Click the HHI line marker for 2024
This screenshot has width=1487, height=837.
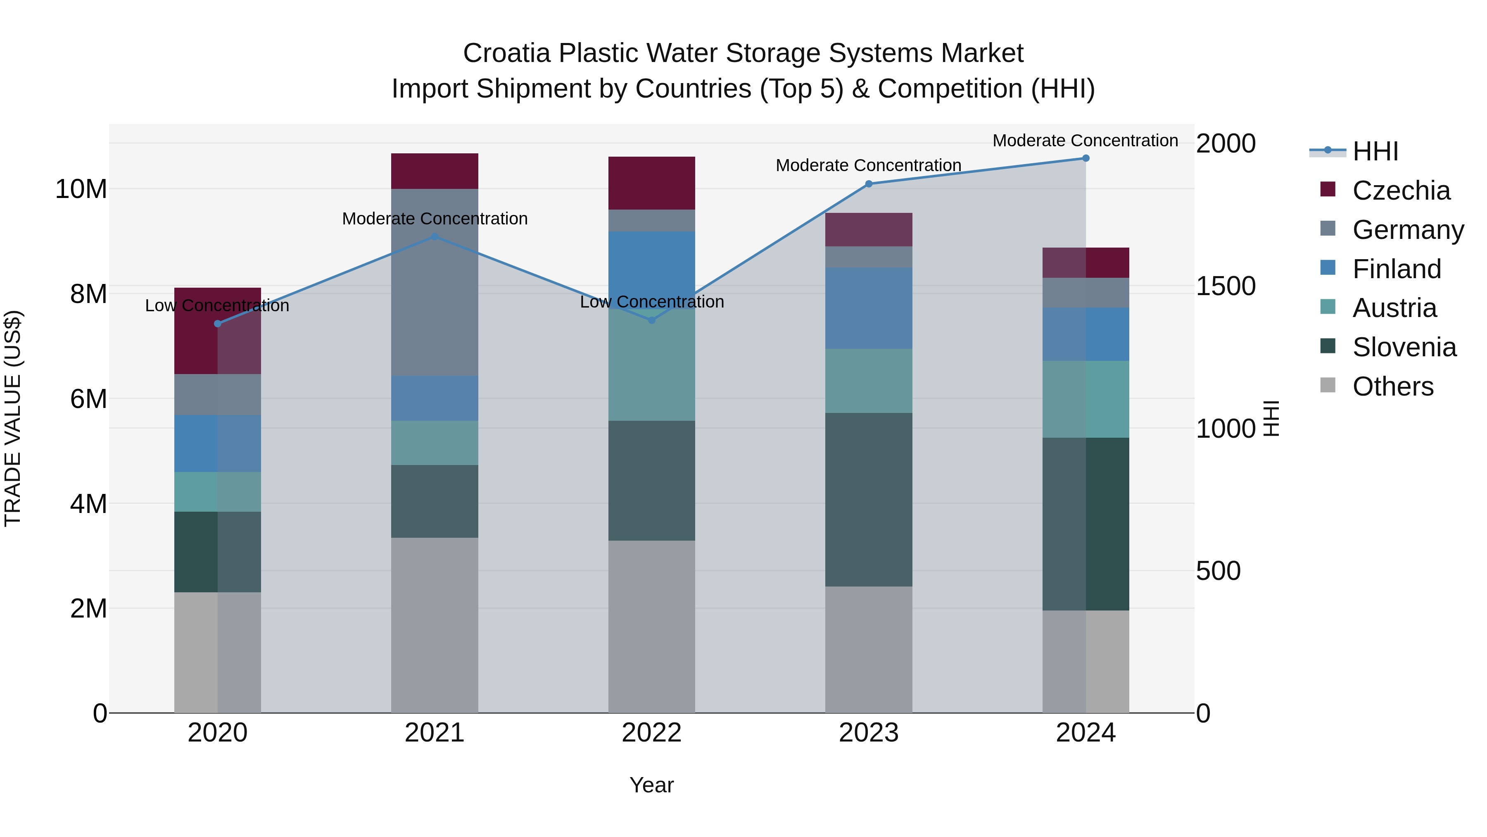(1085, 158)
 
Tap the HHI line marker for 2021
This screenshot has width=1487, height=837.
(435, 237)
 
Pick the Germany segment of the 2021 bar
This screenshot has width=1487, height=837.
(435, 282)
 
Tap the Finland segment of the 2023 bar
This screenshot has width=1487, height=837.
(868, 308)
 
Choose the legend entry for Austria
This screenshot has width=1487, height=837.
(1394, 308)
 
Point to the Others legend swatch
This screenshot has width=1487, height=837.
(1328, 385)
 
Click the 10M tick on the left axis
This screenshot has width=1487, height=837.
(81, 189)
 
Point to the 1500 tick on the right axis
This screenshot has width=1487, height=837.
(1225, 286)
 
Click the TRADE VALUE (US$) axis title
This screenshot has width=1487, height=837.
(13, 418)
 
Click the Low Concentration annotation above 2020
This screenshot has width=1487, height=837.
(217, 305)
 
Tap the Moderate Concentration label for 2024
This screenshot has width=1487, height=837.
(1085, 141)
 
